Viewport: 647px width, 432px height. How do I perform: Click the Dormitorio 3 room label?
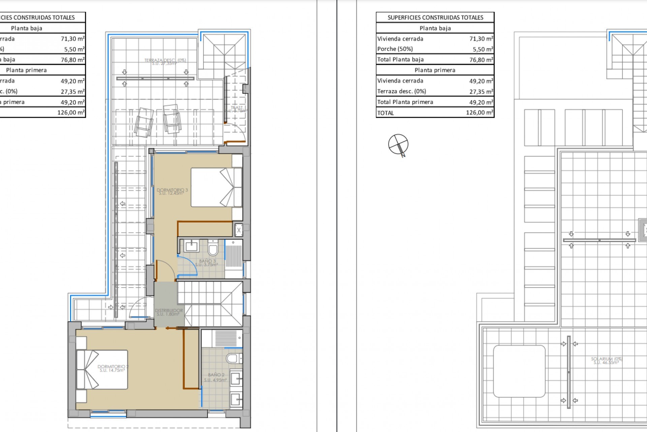172,191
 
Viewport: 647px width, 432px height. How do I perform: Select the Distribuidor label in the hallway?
169,312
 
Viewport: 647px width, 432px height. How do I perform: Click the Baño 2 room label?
216,377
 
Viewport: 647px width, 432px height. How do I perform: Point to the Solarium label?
606,360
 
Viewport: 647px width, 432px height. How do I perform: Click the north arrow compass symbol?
398,144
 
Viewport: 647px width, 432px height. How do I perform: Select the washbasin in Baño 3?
191,246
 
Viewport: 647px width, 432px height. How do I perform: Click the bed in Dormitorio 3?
216,187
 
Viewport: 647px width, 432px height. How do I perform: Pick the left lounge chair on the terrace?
144,123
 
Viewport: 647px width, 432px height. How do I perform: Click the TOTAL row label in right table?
386,113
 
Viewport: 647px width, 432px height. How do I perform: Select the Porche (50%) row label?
395,49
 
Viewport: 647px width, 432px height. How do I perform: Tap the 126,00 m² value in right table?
479,113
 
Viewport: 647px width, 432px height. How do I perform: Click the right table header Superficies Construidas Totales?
435,18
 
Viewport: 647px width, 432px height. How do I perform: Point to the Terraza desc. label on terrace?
165,61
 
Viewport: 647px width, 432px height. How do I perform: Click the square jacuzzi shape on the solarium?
519,371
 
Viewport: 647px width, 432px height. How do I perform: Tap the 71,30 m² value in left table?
72,39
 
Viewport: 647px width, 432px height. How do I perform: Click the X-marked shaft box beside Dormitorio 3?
239,230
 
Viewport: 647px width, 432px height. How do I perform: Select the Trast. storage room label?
237,109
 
